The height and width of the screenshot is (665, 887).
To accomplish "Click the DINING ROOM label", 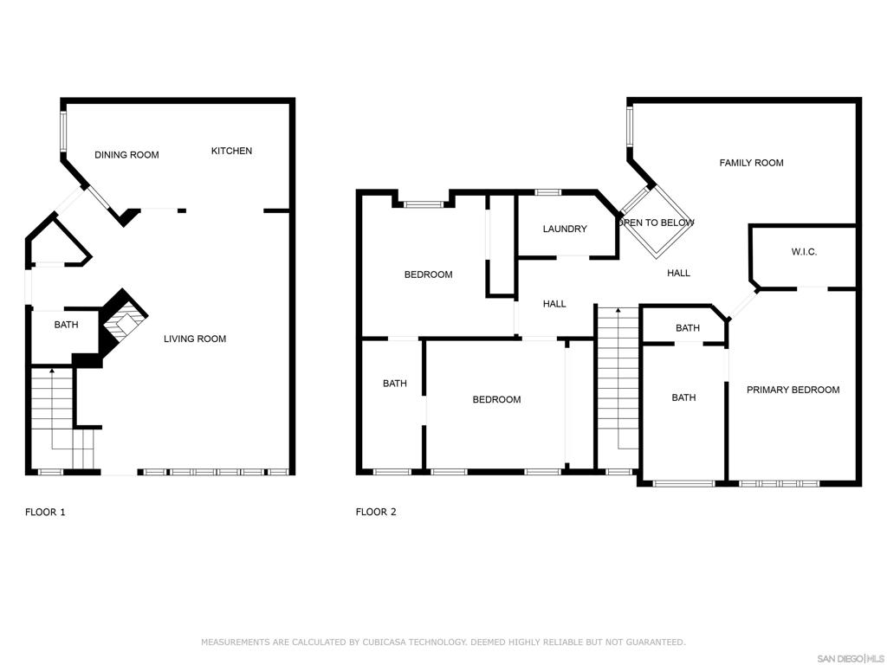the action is tap(126, 155).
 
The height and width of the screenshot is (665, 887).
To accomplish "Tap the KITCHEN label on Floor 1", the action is tap(231, 151).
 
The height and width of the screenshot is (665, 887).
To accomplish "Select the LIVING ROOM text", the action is tap(195, 339).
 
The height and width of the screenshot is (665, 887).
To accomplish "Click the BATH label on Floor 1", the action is tap(66, 325).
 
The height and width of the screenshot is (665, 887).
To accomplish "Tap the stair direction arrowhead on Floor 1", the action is tap(53, 371).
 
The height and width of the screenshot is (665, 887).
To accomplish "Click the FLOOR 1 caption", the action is tap(45, 513).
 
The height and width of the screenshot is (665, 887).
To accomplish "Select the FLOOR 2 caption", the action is tap(376, 513).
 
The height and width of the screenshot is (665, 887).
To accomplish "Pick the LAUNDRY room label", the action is tap(565, 229).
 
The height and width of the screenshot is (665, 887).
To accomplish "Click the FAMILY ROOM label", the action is tap(751, 163).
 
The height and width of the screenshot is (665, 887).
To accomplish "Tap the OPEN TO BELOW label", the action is tap(657, 223).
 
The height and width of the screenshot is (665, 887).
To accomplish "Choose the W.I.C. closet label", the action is tap(804, 252).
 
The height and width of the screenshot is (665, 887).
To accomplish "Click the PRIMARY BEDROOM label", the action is tap(793, 390).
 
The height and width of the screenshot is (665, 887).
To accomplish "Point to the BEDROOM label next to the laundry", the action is tap(428, 274).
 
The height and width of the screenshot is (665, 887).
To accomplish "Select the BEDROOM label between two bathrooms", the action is tap(496, 400).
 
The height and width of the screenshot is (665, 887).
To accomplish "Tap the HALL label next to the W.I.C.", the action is tap(678, 273).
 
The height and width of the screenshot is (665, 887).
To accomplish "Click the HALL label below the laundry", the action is tap(554, 304).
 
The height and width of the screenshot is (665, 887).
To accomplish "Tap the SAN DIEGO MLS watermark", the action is tap(851, 659).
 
